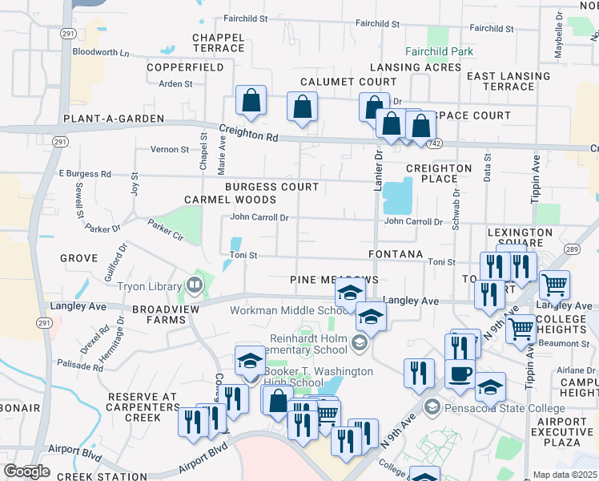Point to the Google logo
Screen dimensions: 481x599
pyautogui.click(x=26, y=471)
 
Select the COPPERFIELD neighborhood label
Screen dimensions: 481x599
pyautogui.click(x=185, y=67)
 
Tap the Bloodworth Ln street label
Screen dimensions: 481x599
pyautogui.click(x=100, y=52)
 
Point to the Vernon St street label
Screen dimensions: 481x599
pyautogui.click(x=169, y=149)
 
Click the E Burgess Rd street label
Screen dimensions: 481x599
pyautogui.click(x=85, y=173)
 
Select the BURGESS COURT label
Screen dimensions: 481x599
pyautogui.click(x=271, y=187)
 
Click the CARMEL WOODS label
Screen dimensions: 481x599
pyautogui.click(x=230, y=200)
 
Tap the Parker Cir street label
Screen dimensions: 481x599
pyautogui.click(x=166, y=232)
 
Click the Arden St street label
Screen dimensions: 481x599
pyautogui.click(x=175, y=83)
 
